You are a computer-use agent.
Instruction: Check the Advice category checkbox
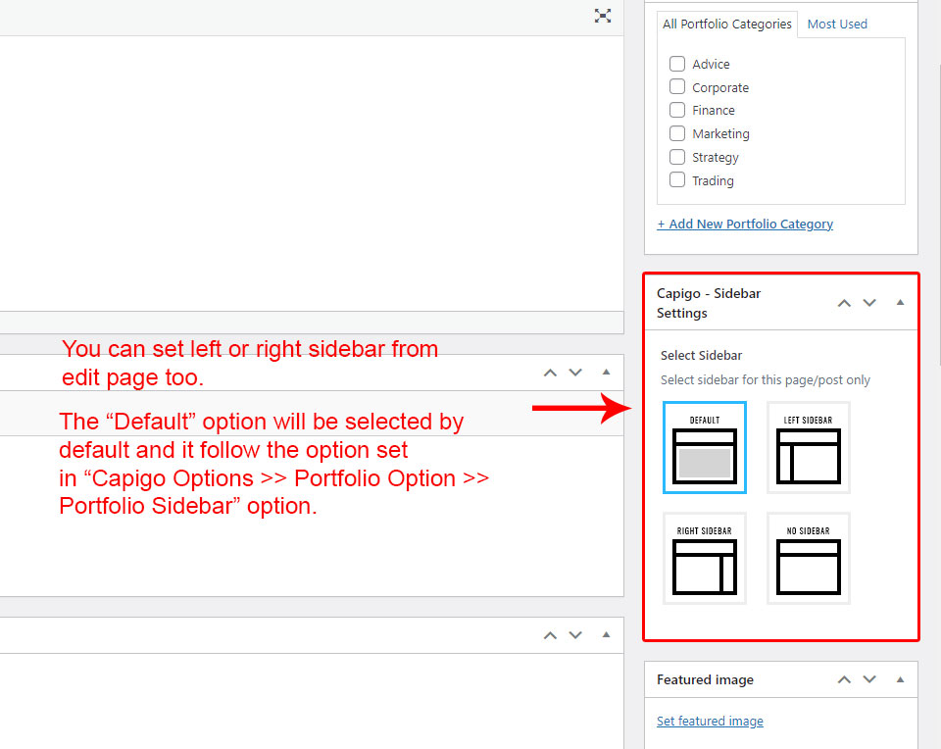coord(677,64)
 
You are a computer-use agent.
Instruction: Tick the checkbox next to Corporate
coord(677,86)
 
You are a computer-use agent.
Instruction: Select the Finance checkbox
coord(677,110)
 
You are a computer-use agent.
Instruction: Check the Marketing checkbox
coord(677,133)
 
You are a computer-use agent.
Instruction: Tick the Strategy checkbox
coord(677,157)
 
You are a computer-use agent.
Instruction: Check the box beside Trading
coord(677,179)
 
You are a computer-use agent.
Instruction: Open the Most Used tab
coord(837,24)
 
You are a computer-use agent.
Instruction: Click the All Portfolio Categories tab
coord(726,24)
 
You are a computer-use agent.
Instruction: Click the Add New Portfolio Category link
coord(745,224)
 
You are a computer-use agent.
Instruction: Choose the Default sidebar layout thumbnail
coord(705,447)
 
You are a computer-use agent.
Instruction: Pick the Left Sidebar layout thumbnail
coord(809,447)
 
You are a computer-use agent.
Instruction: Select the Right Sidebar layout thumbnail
coord(705,558)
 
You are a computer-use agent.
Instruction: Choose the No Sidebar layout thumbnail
coord(809,558)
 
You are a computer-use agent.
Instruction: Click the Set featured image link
coord(710,721)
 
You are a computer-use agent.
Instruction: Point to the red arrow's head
coord(630,408)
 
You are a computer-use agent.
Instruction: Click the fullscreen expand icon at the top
coord(603,16)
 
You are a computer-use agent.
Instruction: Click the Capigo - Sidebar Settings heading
coord(709,303)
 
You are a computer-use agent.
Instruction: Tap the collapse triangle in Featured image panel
coord(900,679)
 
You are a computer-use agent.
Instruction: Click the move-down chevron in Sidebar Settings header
coord(869,303)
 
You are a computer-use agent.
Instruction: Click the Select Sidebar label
coord(701,355)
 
